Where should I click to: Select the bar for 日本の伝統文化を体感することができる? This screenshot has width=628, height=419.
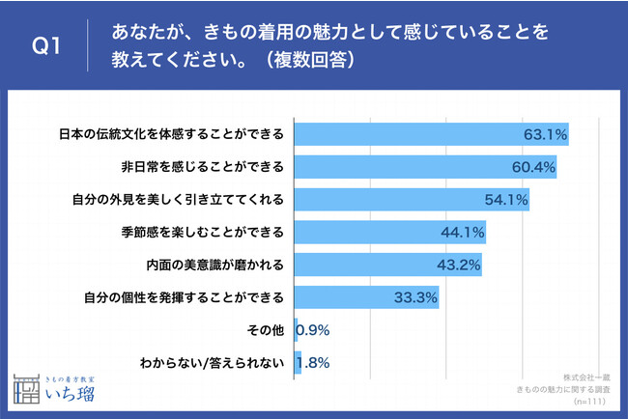click(430, 133)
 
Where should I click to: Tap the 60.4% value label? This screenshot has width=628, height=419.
click(532, 167)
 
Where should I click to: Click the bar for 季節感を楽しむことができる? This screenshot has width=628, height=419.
click(389, 233)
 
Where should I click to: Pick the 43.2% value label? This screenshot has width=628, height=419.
click(459, 265)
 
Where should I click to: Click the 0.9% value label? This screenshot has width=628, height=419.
click(314, 330)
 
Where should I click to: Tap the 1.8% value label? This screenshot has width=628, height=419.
click(317, 363)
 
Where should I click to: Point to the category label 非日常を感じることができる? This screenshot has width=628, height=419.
click(201, 167)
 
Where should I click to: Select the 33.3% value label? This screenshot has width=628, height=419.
click(415, 297)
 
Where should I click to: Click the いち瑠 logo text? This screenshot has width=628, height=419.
click(78, 392)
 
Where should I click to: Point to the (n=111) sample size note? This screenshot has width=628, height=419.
click(591, 400)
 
